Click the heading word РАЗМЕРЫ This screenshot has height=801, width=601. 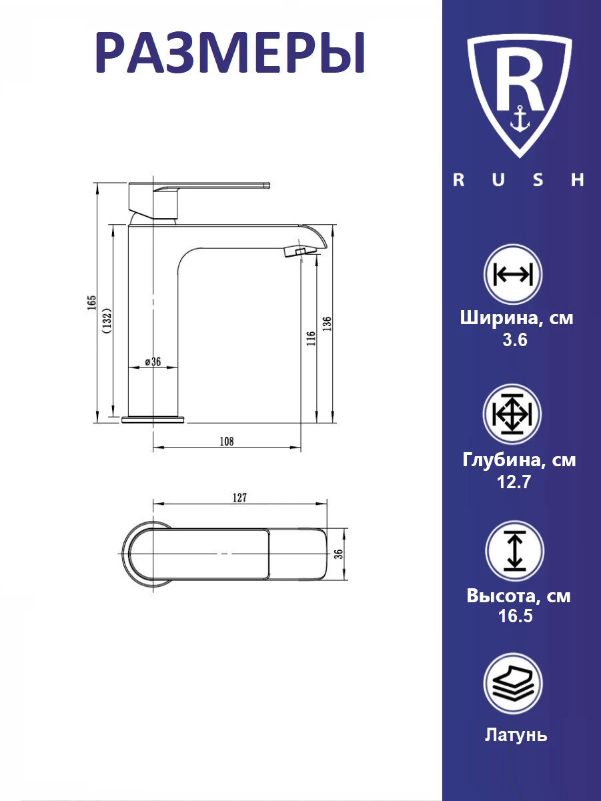[x=230, y=53]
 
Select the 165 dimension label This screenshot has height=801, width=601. [x=91, y=303]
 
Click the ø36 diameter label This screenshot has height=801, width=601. [x=153, y=361]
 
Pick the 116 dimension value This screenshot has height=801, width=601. [x=311, y=339]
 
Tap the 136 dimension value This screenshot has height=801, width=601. [x=327, y=323]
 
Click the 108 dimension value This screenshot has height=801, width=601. [x=227, y=442]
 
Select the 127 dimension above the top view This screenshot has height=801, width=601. [x=239, y=498]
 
